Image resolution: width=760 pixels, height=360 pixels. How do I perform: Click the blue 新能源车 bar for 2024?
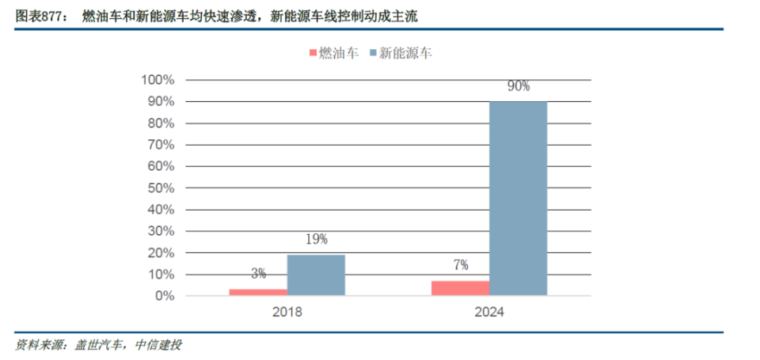(x=518, y=199)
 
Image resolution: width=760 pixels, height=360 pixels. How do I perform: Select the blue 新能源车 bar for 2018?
(x=316, y=275)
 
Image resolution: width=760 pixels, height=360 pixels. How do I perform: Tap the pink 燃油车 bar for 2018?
(x=258, y=292)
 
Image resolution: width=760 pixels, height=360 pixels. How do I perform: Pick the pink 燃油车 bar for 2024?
(x=460, y=288)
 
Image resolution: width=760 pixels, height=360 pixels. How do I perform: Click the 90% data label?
(x=519, y=86)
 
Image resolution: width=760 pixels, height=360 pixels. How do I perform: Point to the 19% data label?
(x=316, y=239)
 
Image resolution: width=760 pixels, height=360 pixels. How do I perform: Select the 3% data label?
(x=258, y=274)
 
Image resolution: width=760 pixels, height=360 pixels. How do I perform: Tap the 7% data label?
(x=460, y=265)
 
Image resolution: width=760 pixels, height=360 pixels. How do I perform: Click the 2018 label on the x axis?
(x=287, y=312)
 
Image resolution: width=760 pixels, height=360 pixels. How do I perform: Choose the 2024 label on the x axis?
(x=489, y=312)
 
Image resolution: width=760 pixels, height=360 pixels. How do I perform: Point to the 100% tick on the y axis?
(x=157, y=80)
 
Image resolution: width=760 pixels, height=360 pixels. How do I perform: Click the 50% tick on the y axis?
(x=160, y=188)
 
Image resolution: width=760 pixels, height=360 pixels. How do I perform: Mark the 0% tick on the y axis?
(x=163, y=296)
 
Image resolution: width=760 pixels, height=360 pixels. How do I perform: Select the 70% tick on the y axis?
(x=160, y=145)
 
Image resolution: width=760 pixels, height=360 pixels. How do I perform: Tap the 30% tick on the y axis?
(x=160, y=231)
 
